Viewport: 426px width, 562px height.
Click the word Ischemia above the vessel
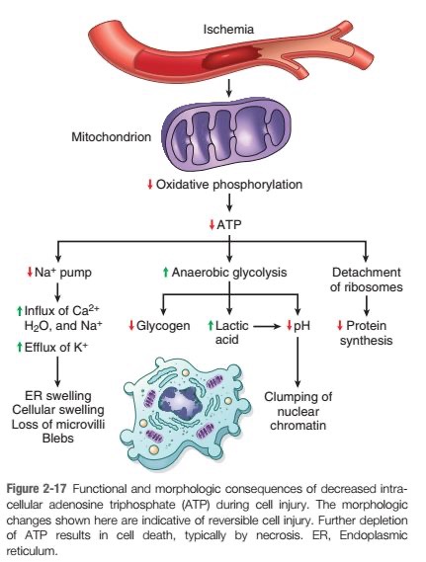[x=228, y=29]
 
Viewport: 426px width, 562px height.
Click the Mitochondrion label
[x=111, y=137]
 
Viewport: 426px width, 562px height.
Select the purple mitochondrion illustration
[x=226, y=133]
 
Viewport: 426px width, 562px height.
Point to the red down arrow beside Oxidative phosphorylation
[x=150, y=185]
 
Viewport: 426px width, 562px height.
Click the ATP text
[x=229, y=225]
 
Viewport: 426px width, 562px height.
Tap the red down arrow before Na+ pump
[x=30, y=272]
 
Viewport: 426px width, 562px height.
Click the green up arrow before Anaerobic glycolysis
[x=165, y=272]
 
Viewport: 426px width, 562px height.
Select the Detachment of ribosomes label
[x=366, y=280]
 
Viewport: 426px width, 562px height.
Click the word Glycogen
[x=163, y=325]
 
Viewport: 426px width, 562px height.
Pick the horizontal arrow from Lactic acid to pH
[x=266, y=326]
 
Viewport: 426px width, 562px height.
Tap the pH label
[x=301, y=326]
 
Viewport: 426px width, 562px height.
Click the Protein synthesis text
[x=366, y=333]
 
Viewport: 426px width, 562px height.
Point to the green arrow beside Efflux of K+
[x=20, y=347]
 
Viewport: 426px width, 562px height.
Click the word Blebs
[x=57, y=438]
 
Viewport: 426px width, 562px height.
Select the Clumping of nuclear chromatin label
[x=298, y=411]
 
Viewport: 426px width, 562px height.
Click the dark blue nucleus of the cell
[x=178, y=400]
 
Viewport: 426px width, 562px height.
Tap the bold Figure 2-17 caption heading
[x=38, y=489]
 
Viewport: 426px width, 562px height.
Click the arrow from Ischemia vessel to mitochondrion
[x=229, y=89]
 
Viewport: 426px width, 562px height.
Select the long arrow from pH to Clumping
[x=298, y=362]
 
